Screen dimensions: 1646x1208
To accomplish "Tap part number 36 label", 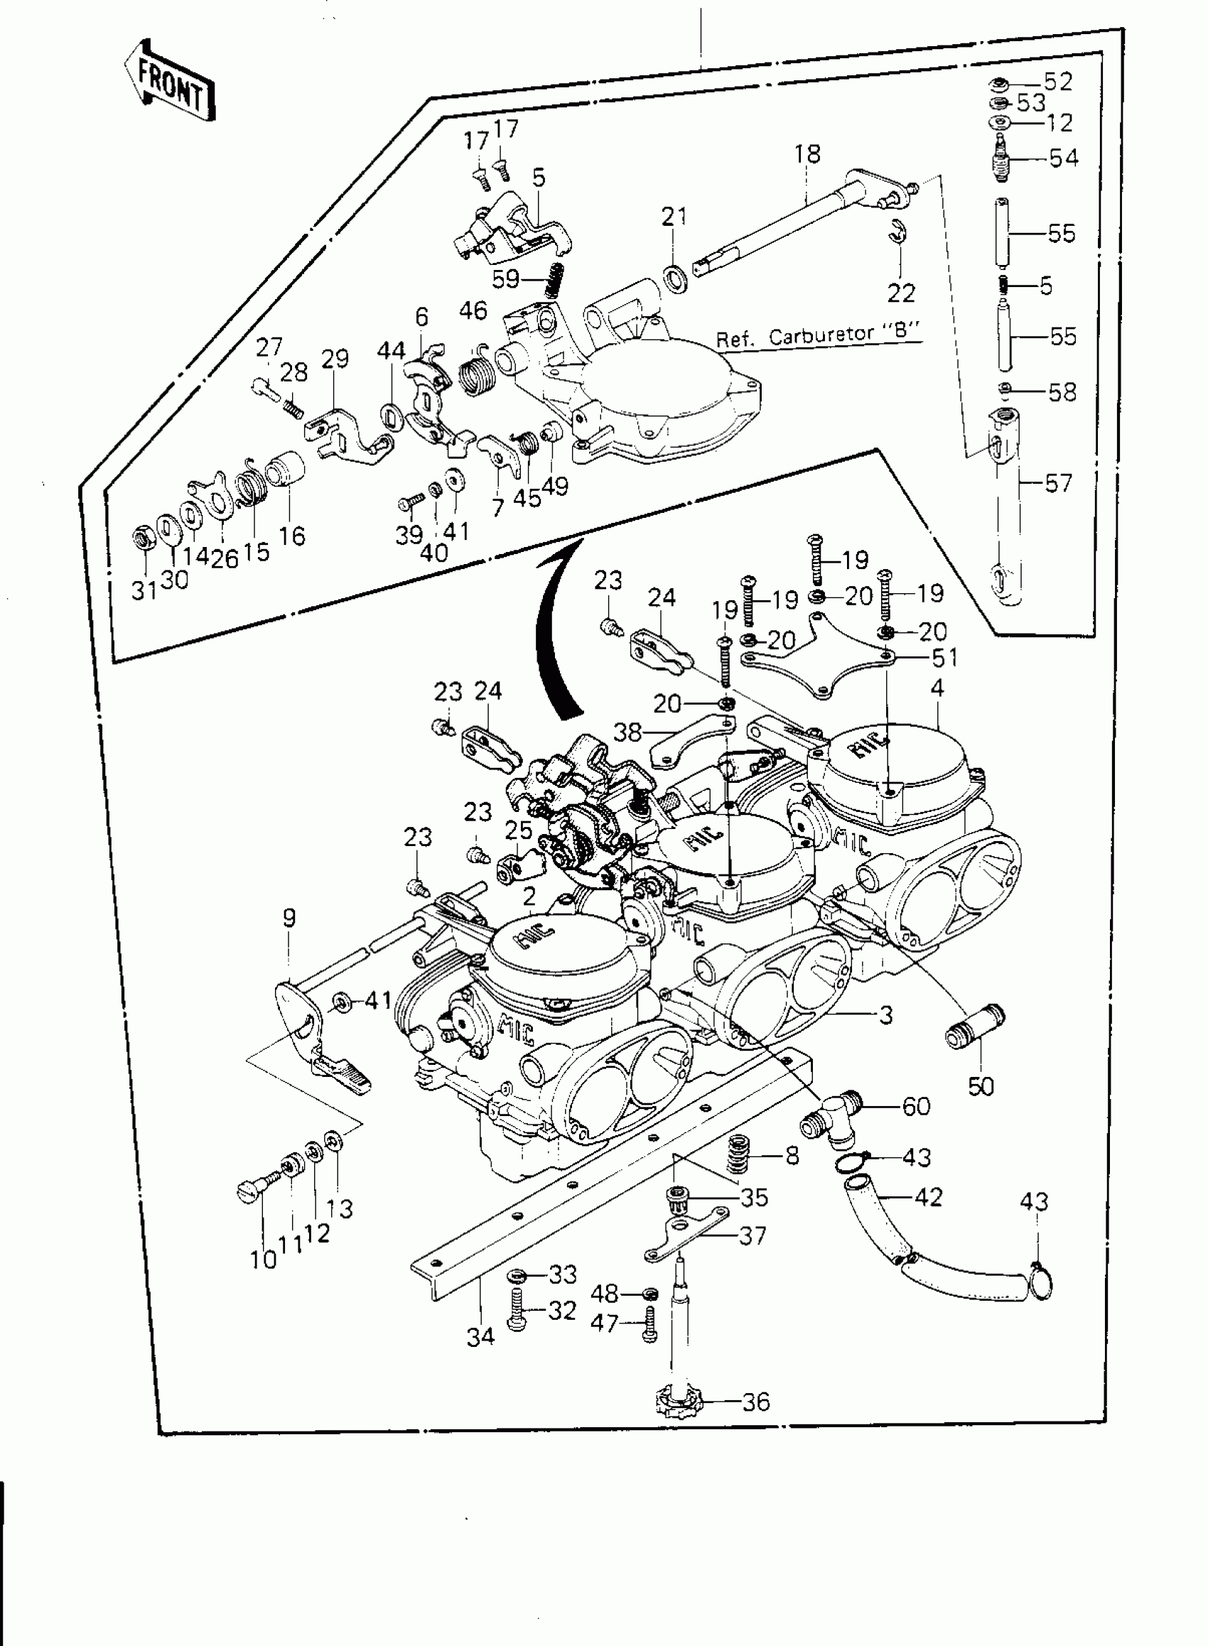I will (x=756, y=1401).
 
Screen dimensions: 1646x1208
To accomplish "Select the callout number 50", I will (x=981, y=1086).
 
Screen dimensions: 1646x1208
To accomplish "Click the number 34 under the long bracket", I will (x=480, y=1337).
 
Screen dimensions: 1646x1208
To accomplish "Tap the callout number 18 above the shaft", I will (x=807, y=154).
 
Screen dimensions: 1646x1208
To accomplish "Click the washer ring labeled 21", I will (x=675, y=278).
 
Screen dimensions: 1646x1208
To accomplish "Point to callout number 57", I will (x=1057, y=483).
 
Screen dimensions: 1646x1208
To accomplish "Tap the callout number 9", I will (x=290, y=918).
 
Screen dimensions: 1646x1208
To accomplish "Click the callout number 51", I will (x=944, y=658).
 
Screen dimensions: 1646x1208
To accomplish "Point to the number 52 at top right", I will (x=1057, y=82).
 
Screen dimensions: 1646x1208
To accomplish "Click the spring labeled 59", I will (x=555, y=279).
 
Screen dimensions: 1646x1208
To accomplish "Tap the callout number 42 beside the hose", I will (x=929, y=1196).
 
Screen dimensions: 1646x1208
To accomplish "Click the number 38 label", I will (x=627, y=732).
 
